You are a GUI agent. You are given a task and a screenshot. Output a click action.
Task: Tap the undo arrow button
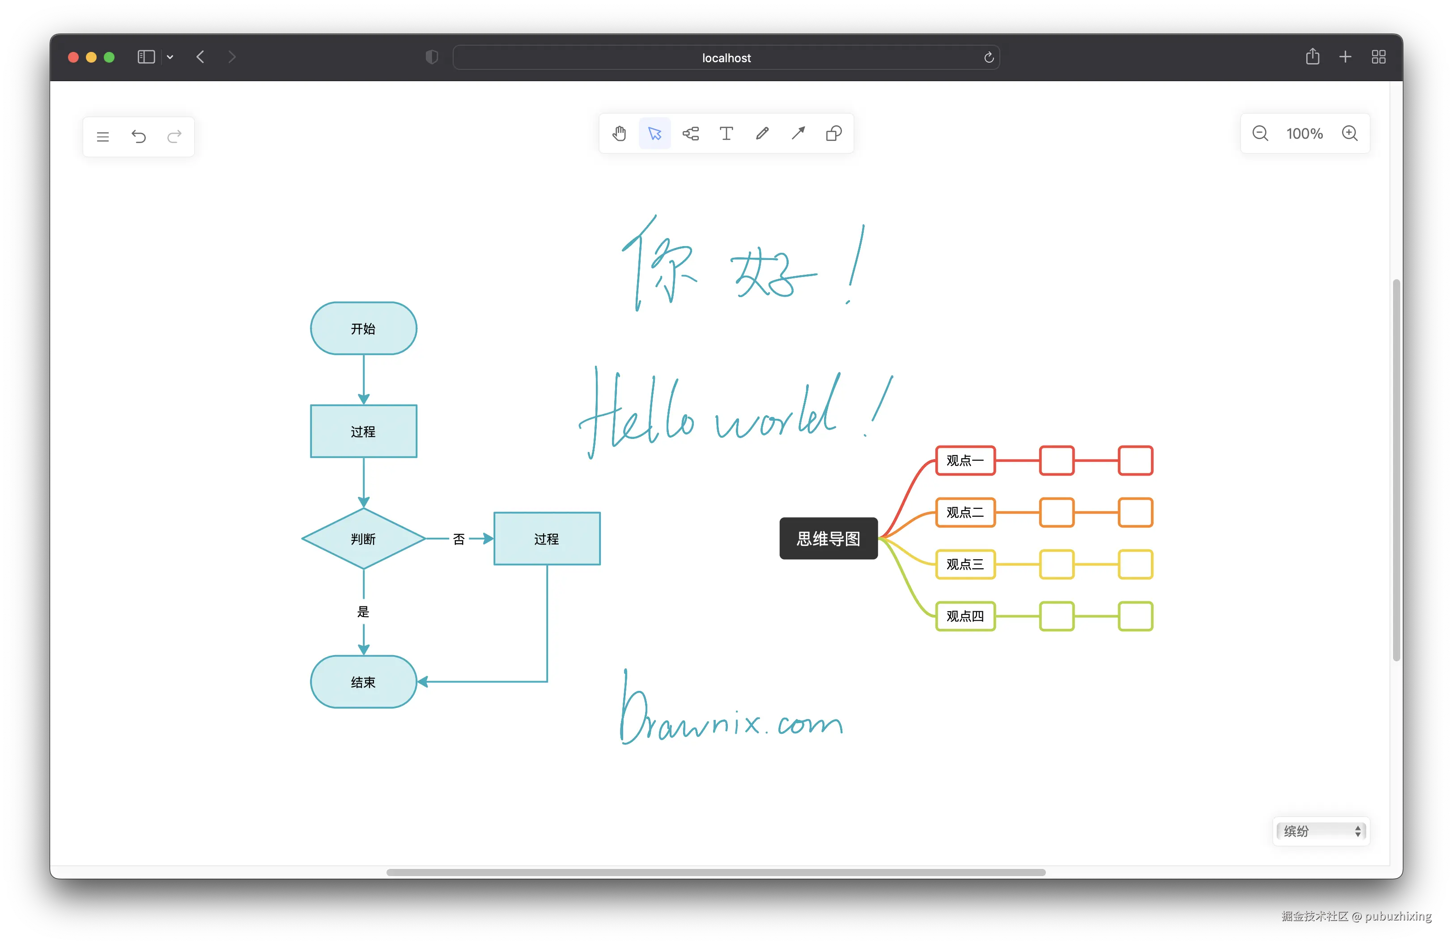(x=139, y=136)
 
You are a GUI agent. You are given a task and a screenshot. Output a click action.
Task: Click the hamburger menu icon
(x=102, y=137)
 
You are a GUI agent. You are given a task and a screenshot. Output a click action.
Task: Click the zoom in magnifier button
(x=1349, y=133)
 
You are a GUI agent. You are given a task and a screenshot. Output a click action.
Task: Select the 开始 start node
(x=363, y=328)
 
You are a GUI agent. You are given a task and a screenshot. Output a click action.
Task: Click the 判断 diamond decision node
(x=363, y=538)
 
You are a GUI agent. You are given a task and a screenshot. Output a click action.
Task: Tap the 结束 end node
(x=363, y=682)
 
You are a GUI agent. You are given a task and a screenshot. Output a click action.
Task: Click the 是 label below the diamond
(x=363, y=612)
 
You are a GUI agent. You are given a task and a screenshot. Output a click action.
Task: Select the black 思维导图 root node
(x=828, y=538)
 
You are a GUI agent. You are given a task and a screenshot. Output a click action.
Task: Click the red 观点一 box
(x=965, y=460)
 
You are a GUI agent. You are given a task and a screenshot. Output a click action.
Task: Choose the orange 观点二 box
(x=965, y=512)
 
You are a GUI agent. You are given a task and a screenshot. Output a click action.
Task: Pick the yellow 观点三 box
(x=965, y=564)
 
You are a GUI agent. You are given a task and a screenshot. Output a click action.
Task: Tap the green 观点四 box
(x=965, y=616)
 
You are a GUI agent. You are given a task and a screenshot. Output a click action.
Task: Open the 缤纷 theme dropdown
(x=1321, y=831)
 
